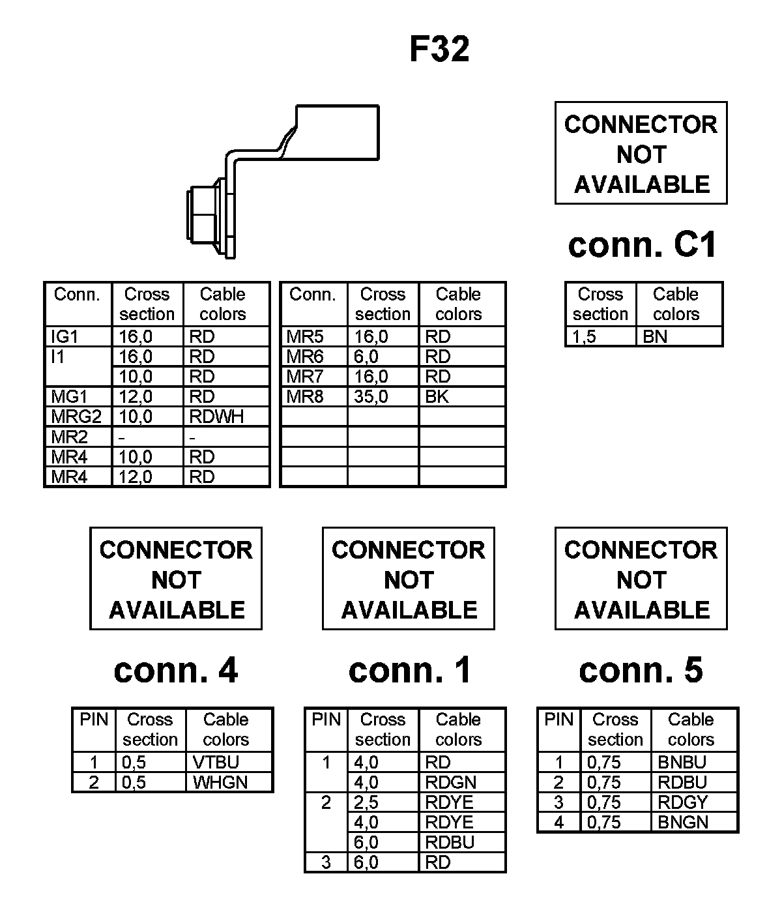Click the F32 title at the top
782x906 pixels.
point(439,49)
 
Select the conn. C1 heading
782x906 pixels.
point(642,245)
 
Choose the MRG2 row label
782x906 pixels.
point(76,416)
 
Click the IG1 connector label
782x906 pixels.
point(65,336)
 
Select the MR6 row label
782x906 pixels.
point(305,357)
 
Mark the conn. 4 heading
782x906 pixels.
point(176,670)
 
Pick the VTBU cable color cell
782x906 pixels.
point(216,762)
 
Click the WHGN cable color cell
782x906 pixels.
point(220,782)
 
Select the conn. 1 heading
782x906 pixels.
point(409,670)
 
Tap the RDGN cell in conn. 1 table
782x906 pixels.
point(450,782)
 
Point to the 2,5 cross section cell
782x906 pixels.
point(366,802)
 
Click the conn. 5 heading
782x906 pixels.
point(641,670)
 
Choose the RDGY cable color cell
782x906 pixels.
point(682,802)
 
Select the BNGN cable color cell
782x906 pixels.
point(682,823)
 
